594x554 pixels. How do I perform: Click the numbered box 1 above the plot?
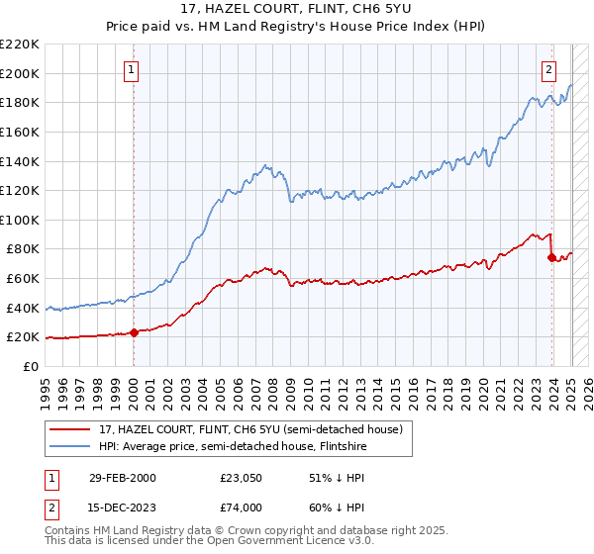pyautogui.click(x=132, y=69)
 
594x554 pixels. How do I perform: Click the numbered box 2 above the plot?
pyautogui.click(x=548, y=69)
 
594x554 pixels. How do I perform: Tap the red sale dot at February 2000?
pyautogui.click(x=135, y=332)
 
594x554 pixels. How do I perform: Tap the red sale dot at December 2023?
pyautogui.click(x=551, y=257)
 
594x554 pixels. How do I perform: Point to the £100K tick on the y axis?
pyautogui.click(x=21, y=220)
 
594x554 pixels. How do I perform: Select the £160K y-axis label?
pyautogui.click(x=21, y=132)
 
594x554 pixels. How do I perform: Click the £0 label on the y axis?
pyautogui.click(x=32, y=366)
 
